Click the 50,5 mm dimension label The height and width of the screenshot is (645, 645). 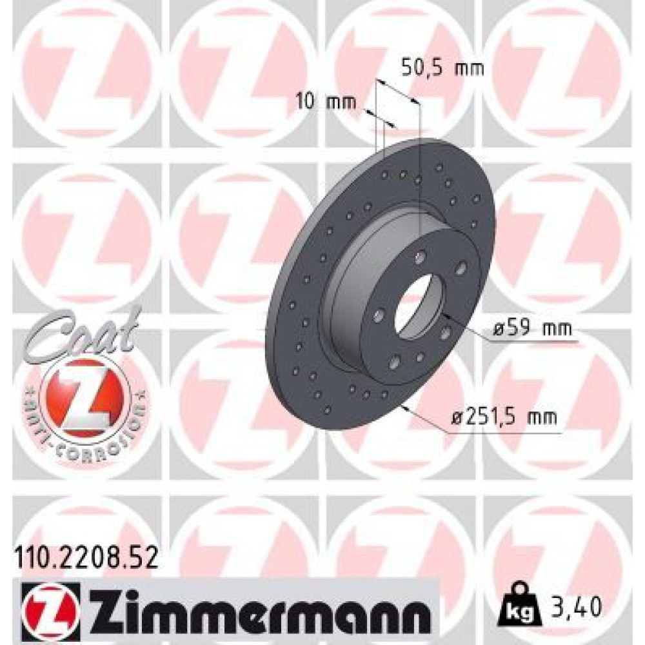(x=442, y=68)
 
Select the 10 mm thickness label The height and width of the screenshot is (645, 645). (x=326, y=102)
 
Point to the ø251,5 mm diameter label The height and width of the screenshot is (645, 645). (x=504, y=417)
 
